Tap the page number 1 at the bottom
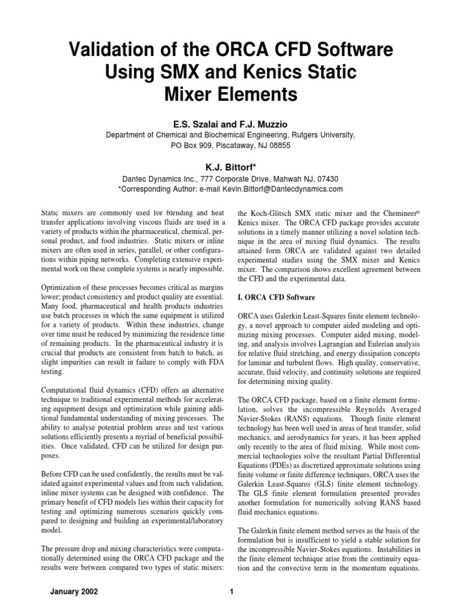pos(231,593)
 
